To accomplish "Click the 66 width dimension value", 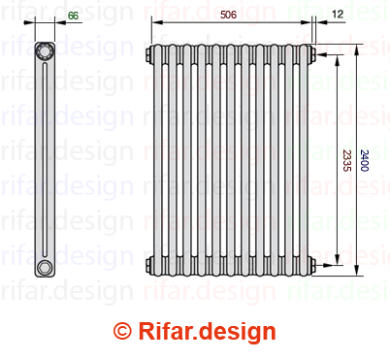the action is point(73,16).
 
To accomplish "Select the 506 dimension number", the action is point(228,15).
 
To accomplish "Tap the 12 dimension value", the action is point(338,14).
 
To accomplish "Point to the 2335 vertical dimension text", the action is point(346,160).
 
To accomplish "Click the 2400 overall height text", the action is point(365,160).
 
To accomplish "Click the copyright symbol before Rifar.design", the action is point(122,331).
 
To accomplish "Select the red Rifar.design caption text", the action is point(208,332).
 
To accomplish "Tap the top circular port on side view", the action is point(45,51).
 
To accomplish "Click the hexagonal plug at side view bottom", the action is point(44,268).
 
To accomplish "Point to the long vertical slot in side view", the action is point(45,160).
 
